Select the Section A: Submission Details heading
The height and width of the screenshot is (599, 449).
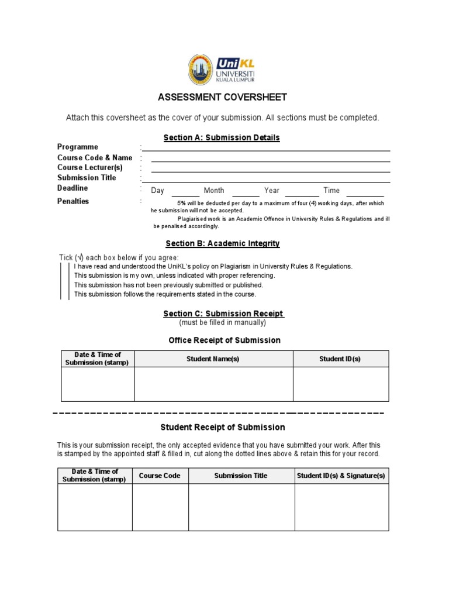[x=222, y=137]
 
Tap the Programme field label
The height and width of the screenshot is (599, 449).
[x=78, y=147]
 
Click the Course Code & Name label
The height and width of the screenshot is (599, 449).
[x=95, y=157]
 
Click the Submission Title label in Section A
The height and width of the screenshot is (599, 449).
[x=87, y=178]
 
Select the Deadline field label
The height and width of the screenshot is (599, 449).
[x=72, y=188]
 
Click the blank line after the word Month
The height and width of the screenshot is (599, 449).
[x=246, y=193]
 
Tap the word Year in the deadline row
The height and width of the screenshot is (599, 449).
[x=272, y=191]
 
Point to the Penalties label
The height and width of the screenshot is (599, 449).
[x=73, y=201]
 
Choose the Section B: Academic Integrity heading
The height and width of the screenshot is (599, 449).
[x=222, y=243]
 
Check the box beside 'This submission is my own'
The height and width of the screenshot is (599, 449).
[x=65, y=276]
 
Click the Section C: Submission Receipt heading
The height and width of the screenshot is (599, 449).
[x=223, y=314]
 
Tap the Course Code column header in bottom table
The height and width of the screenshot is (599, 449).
[x=160, y=476]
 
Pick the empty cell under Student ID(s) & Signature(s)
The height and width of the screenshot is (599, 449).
[x=341, y=507]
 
